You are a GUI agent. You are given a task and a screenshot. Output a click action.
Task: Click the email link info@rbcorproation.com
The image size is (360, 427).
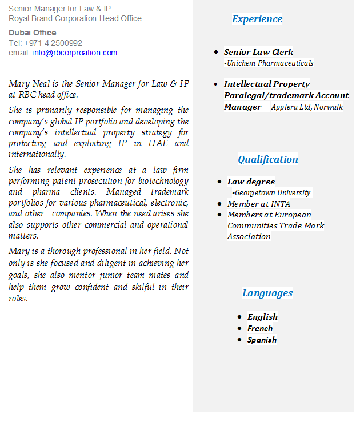pyautogui.click(x=74, y=53)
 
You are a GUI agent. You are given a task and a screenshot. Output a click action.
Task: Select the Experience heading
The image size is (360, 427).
pyautogui.click(x=257, y=19)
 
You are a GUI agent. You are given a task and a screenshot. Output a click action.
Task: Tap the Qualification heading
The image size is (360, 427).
pyautogui.click(x=268, y=159)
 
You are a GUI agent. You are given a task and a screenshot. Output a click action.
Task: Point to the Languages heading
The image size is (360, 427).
pyautogui.click(x=267, y=293)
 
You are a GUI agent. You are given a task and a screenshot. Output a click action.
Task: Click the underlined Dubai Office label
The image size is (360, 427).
pyautogui.click(x=32, y=33)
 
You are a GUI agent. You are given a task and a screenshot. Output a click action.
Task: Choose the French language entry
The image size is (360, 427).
pyautogui.click(x=260, y=328)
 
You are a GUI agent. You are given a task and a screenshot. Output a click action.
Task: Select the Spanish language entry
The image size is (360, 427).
pyautogui.click(x=262, y=340)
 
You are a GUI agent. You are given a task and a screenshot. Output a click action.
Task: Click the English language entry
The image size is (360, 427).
pyautogui.click(x=262, y=317)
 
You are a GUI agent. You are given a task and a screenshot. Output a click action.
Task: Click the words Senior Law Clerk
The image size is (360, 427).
pyautogui.click(x=258, y=52)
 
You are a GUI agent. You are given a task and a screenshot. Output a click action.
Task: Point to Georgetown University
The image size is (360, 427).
pyautogui.click(x=273, y=193)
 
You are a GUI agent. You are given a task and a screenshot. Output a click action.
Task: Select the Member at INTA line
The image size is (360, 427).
pyautogui.click(x=258, y=204)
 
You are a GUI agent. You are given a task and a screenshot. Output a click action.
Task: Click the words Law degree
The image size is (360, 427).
pyautogui.click(x=251, y=182)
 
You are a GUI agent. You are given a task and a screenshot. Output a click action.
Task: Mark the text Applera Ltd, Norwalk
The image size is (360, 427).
pyautogui.click(x=307, y=107)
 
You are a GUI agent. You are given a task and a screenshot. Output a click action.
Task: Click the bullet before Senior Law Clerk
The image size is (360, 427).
pyautogui.click(x=215, y=52)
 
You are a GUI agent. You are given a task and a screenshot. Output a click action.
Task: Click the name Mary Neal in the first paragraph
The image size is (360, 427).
pyautogui.click(x=27, y=84)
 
